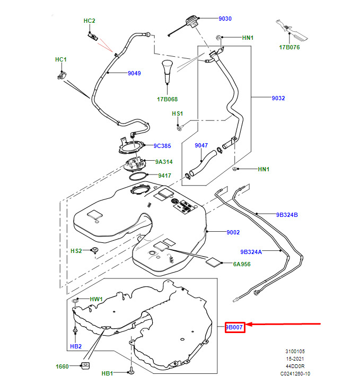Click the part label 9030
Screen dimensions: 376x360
225,19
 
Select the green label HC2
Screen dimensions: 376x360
89,21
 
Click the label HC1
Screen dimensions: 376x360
61,59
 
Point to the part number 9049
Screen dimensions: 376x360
134,73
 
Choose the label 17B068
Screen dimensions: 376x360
167,99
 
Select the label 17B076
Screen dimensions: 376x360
289,47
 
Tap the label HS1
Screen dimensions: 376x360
177,113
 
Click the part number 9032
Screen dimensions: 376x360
278,98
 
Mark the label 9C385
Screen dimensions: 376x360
162,146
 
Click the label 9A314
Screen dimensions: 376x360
164,162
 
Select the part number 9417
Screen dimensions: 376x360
164,176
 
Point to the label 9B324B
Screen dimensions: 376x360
287,215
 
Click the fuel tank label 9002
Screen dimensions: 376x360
233,232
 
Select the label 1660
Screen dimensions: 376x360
63,366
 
